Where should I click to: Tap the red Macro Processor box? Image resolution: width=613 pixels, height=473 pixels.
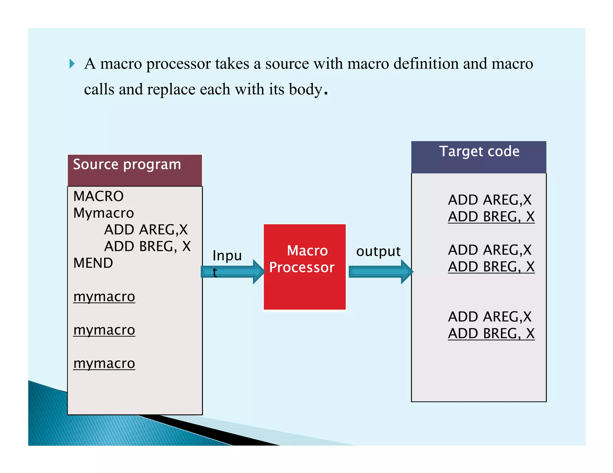pos(304,267)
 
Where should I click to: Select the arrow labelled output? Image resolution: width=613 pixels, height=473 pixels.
pos(380,271)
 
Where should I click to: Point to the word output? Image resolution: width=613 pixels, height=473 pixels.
pos(378,251)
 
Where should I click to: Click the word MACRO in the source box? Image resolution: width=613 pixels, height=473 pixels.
pos(98,196)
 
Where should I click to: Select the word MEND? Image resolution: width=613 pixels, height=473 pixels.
pos(93,263)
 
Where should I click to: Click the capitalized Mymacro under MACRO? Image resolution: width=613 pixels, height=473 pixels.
pos(104,213)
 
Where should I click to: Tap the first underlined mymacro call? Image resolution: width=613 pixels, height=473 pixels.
pos(104,297)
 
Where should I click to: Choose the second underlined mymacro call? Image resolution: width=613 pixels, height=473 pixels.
pos(104,330)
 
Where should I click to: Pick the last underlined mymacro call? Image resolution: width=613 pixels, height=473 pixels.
pos(104,364)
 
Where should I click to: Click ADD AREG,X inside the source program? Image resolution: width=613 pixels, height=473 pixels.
pos(146,230)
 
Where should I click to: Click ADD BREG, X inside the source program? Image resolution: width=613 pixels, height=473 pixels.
pos(147,247)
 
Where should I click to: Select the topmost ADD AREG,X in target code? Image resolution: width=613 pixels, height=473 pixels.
pos(490,200)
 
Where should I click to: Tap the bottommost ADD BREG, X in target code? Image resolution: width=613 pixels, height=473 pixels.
pos(491,334)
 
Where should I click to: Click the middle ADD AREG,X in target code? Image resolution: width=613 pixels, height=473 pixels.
pos(490,250)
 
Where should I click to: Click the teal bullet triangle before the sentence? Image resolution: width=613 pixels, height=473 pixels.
pos(72,64)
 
